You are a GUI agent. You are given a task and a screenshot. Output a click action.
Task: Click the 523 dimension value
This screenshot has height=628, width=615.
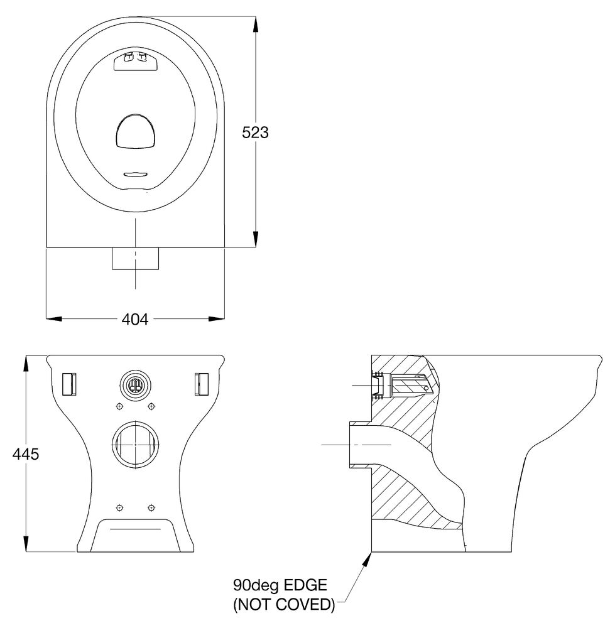(x=255, y=132)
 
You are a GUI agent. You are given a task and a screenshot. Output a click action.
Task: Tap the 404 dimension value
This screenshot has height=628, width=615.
(x=135, y=319)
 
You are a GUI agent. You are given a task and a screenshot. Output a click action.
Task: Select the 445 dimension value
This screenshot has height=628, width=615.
(x=26, y=454)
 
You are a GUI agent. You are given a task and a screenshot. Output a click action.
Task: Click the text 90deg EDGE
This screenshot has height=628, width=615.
(x=280, y=585)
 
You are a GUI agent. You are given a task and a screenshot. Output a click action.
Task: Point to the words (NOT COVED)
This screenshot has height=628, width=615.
(x=284, y=604)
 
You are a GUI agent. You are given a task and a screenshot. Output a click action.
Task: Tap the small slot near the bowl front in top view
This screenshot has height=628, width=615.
(x=136, y=174)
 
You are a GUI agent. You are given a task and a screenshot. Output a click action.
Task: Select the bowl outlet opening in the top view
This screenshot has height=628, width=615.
(x=136, y=131)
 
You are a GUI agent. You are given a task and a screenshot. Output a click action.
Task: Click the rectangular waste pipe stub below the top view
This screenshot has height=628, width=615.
(x=136, y=259)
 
